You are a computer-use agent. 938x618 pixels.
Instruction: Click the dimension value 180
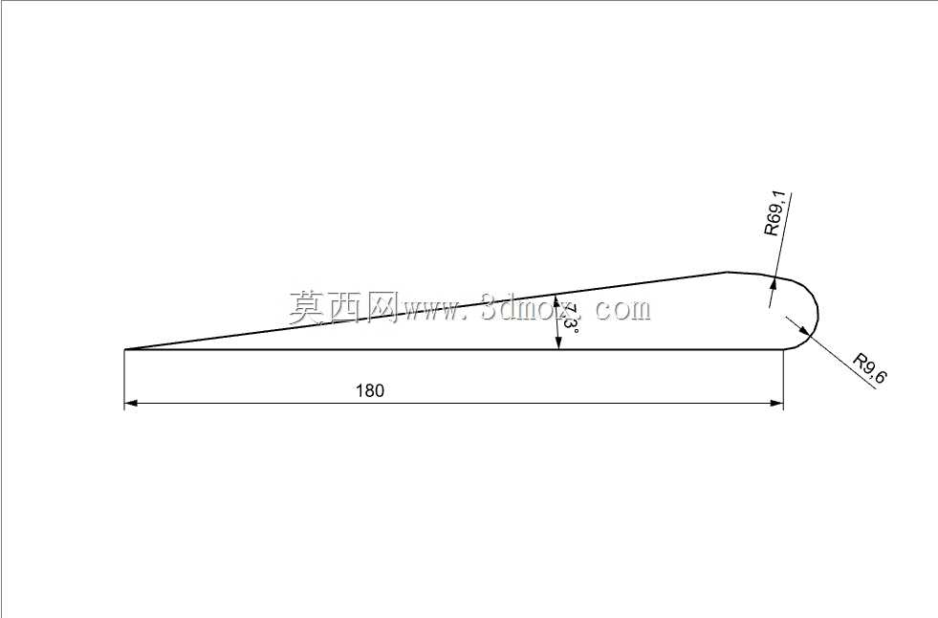(370, 390)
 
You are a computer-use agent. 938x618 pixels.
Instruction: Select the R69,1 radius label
(777, 213)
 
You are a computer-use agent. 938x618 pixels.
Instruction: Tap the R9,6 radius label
(870, 368)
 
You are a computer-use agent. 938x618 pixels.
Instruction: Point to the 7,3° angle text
(570, 319)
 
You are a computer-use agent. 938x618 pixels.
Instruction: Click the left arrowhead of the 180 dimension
(131, 403)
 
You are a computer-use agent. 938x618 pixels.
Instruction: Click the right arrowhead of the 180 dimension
(776, 403)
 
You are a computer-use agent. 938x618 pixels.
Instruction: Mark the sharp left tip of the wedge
(124, 349)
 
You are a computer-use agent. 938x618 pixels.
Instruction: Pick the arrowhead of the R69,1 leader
(773, 283)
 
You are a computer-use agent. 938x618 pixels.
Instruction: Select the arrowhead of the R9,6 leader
(804, 330)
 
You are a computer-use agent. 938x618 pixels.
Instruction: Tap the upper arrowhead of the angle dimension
(556, 301)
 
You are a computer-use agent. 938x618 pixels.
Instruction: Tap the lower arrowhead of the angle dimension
(558, 342)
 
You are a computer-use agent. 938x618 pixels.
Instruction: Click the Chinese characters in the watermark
(343, 307)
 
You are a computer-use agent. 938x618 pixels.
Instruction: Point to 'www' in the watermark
(432, 311)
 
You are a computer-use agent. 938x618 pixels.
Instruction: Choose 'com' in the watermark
(622, 310)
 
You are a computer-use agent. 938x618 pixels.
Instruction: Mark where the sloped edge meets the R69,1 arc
(727, 273)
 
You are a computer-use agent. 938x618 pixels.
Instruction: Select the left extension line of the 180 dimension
(124, 379)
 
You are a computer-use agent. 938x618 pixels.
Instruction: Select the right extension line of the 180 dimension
(784, 379)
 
